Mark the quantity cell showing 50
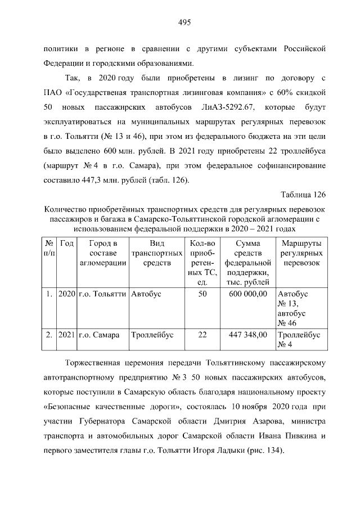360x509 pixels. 202,294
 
